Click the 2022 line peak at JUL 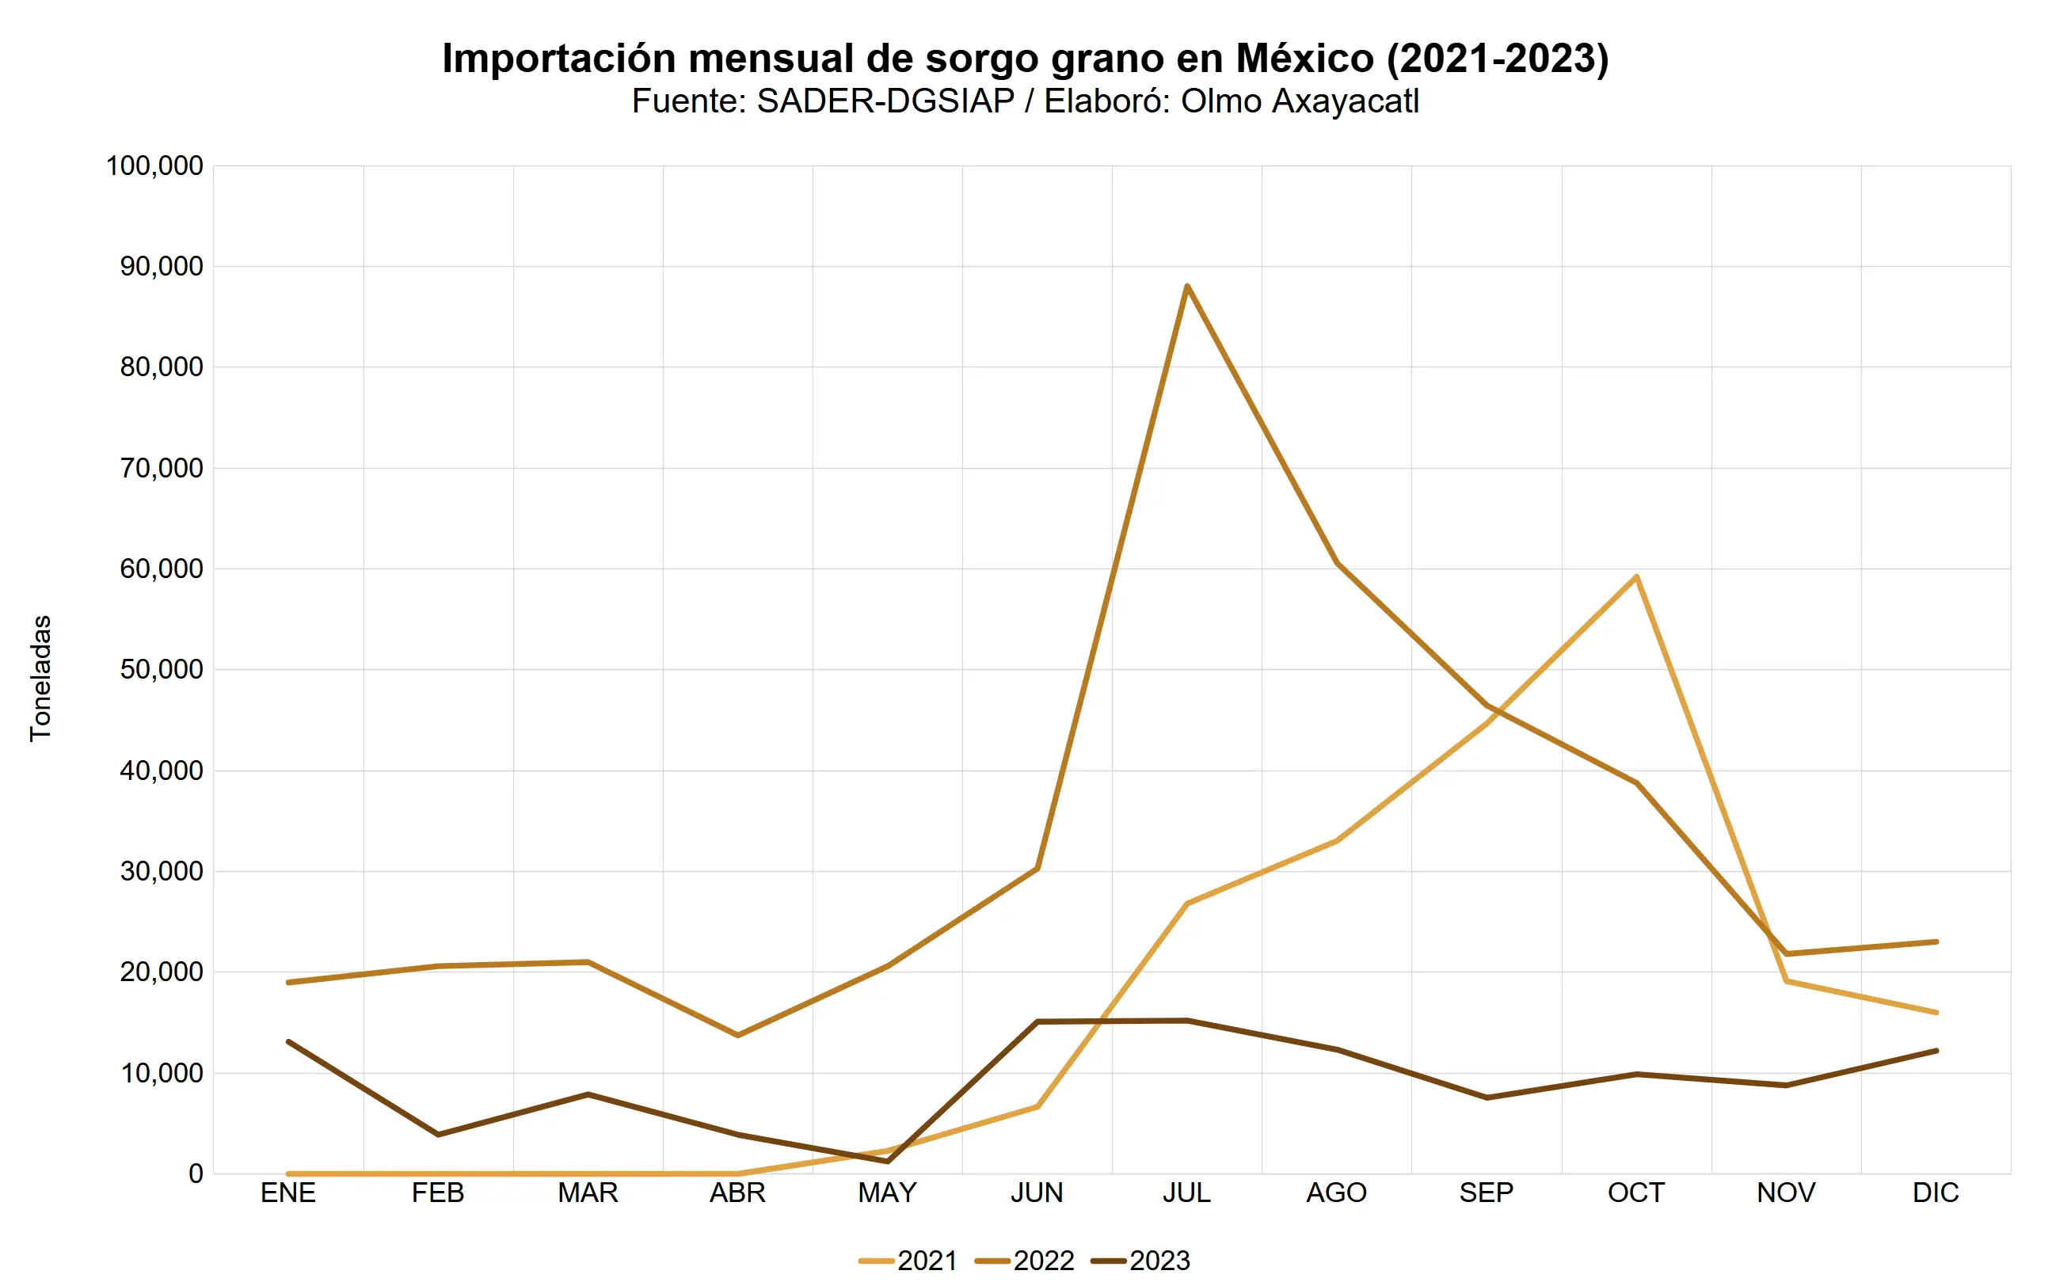pos(1187,286)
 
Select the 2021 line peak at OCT pos(1636,576)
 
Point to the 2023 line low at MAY pos(888,1161)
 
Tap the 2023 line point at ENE pos(288,1041)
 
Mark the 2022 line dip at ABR pos(737,1035)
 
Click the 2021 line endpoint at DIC pos(1936,1012)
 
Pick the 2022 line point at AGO pos(1337,563)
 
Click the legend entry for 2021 pos(908,1261)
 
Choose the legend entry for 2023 pos(1140,1261)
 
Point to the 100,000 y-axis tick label pos(154,165)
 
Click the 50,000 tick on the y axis pos(161,670)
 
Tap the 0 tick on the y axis pos(196,1174)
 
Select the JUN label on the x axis pos(1037,1193)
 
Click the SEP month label pos(1487,1193)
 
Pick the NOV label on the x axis pos(1786,1193)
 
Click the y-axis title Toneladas pos(40,679)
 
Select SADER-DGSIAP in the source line pos(885,101)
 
